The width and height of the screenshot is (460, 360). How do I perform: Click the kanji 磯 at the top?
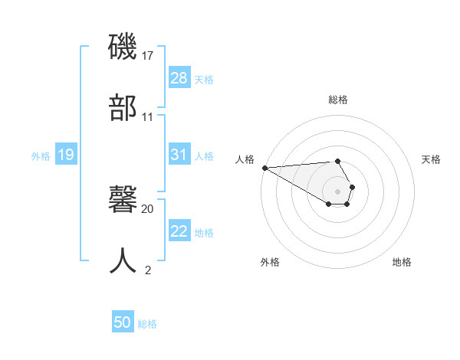click(123, 47)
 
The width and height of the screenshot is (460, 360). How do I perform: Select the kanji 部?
click(123, 106)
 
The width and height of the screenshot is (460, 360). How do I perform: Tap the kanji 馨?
click(123, 201)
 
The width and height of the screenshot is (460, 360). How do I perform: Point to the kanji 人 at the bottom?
click(123, 260)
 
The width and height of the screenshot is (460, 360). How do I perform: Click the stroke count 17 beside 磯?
click(148, 56)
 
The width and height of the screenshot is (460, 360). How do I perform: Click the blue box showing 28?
click(179, 77)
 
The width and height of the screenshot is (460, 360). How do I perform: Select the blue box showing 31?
click(179, 155)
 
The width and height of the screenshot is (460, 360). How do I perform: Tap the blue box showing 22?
click(179, 231)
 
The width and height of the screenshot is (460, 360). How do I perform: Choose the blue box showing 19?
click(66, 155)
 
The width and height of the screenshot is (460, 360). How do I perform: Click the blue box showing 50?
click(123, 322)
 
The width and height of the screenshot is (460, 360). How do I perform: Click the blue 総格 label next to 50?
click(147, 324)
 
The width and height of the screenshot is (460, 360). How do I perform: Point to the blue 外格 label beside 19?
click(41, 156)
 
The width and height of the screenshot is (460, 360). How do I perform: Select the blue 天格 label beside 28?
click(204, 79)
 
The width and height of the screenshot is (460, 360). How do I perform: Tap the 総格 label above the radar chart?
click(337, 100)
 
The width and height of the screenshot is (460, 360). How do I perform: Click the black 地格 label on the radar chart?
click(402, 262)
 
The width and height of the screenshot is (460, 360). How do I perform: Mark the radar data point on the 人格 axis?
click(264, 168)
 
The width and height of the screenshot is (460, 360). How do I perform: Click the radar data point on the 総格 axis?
click(337, 161)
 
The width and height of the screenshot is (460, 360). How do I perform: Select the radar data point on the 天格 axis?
click(352, 187)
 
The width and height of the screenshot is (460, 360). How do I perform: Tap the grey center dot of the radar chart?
click(337, 191)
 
